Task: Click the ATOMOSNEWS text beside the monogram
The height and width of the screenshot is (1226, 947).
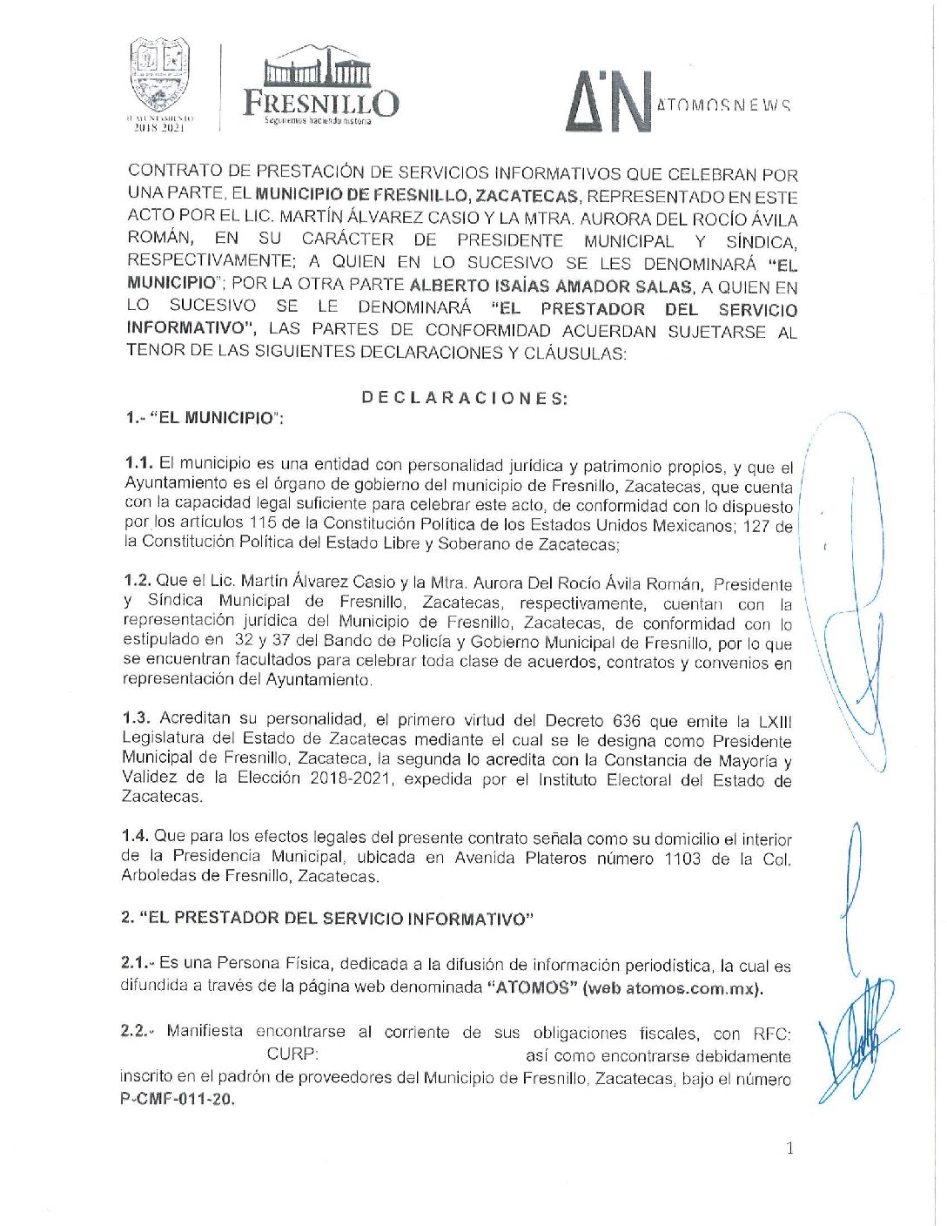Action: (x=723, y=105)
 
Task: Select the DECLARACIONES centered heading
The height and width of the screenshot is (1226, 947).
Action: (x=464, y=398)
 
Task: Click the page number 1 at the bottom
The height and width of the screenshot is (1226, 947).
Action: (x=789, y=1149)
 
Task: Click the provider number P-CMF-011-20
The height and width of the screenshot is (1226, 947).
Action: (x=178, y=1099)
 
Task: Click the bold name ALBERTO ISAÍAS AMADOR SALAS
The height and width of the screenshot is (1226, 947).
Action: (x=551, y=286)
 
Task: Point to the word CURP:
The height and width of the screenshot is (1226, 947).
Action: (x=292, y=1054)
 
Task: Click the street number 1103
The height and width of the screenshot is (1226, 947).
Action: (x=682, y=859)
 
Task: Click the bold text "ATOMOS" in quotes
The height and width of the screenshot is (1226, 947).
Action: (x=531, y=987)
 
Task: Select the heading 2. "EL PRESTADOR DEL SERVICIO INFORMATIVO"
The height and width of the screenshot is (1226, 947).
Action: (x=326, y=918)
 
